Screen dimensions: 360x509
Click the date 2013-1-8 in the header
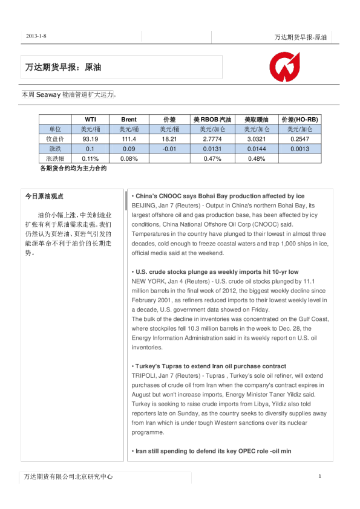[36, 36]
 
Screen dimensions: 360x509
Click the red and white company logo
[284, 67]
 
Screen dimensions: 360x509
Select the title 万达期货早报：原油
[67, 68]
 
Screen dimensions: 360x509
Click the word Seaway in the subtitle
[48, 95]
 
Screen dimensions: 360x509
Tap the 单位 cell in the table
[55, 129]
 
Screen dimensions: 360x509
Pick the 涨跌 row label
[55, 149]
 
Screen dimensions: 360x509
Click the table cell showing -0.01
[169, 149]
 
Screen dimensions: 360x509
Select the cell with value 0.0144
[257, 149]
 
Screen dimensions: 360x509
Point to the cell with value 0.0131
[212, 149]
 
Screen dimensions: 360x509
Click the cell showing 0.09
[128, 149]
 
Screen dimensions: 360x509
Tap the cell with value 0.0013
[300, 149]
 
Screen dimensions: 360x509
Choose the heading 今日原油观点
[44, 196]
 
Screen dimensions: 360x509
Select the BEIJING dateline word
[143, 206]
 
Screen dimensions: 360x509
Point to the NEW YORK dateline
[148, 281]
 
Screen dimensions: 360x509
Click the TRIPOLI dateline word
[143, 375]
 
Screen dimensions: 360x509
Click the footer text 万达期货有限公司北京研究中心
[68, 477]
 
